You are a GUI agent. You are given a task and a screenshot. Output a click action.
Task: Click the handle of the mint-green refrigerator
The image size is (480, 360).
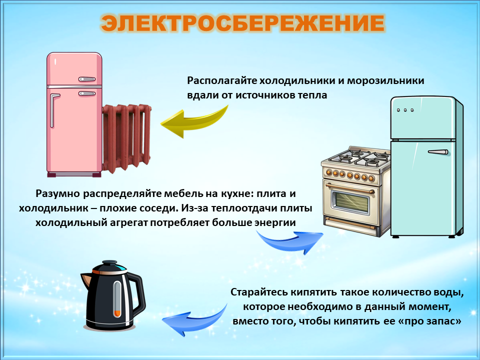click(x=438, y=152)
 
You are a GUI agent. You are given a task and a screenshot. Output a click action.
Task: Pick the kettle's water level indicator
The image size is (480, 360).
click(x=117, y=298)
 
